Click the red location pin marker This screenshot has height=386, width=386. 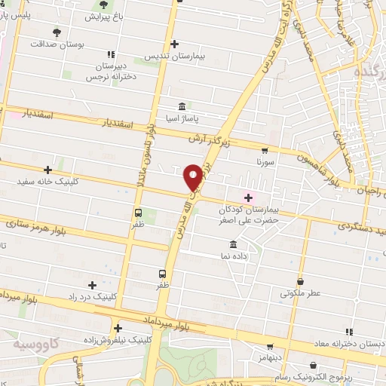(193, 176)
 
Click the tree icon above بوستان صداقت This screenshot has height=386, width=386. (57, 31)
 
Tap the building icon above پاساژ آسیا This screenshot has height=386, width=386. (181, 106)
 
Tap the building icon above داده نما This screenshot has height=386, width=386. (232, 245)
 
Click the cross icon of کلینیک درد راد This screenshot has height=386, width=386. (93, 284)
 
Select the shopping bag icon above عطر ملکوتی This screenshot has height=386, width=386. (301, 280)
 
